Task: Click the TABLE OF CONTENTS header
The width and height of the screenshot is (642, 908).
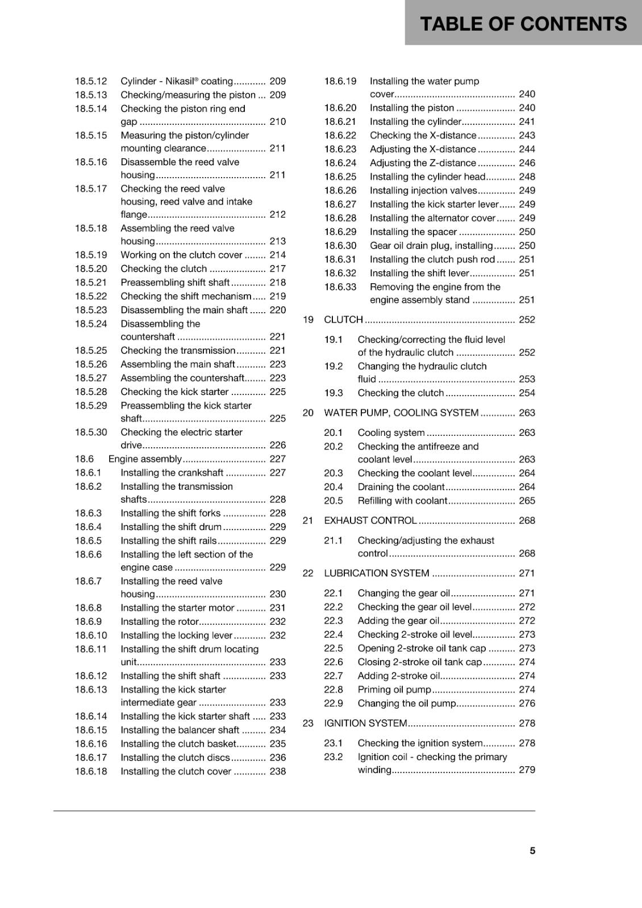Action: point(523,24)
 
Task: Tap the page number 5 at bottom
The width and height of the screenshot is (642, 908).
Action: point(532,851)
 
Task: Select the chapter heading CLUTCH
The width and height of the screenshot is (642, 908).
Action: point(343,320)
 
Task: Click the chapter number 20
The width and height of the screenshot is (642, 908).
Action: point(308,413)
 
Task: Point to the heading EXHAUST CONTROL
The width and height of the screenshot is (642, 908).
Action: point(370,520)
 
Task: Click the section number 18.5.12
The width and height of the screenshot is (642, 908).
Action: point(91,81)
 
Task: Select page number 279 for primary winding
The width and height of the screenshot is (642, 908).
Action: point(527,770)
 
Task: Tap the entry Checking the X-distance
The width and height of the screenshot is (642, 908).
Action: point(423,136)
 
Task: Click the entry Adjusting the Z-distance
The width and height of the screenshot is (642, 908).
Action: point(423,163)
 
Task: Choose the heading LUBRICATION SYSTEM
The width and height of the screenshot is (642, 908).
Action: point(377,573)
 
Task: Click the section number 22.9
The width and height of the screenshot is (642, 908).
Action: point(333,703)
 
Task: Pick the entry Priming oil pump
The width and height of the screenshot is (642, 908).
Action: point(394,690)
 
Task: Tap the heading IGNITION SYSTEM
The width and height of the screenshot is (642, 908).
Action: point(365,723)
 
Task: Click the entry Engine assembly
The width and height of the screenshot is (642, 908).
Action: point(145,459)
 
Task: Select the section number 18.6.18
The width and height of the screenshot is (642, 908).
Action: point(91,771)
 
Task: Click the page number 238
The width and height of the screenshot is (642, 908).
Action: point(277,771)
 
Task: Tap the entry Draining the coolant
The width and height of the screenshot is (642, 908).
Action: point(401,487)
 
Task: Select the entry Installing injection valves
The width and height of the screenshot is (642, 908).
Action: point(423,191)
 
